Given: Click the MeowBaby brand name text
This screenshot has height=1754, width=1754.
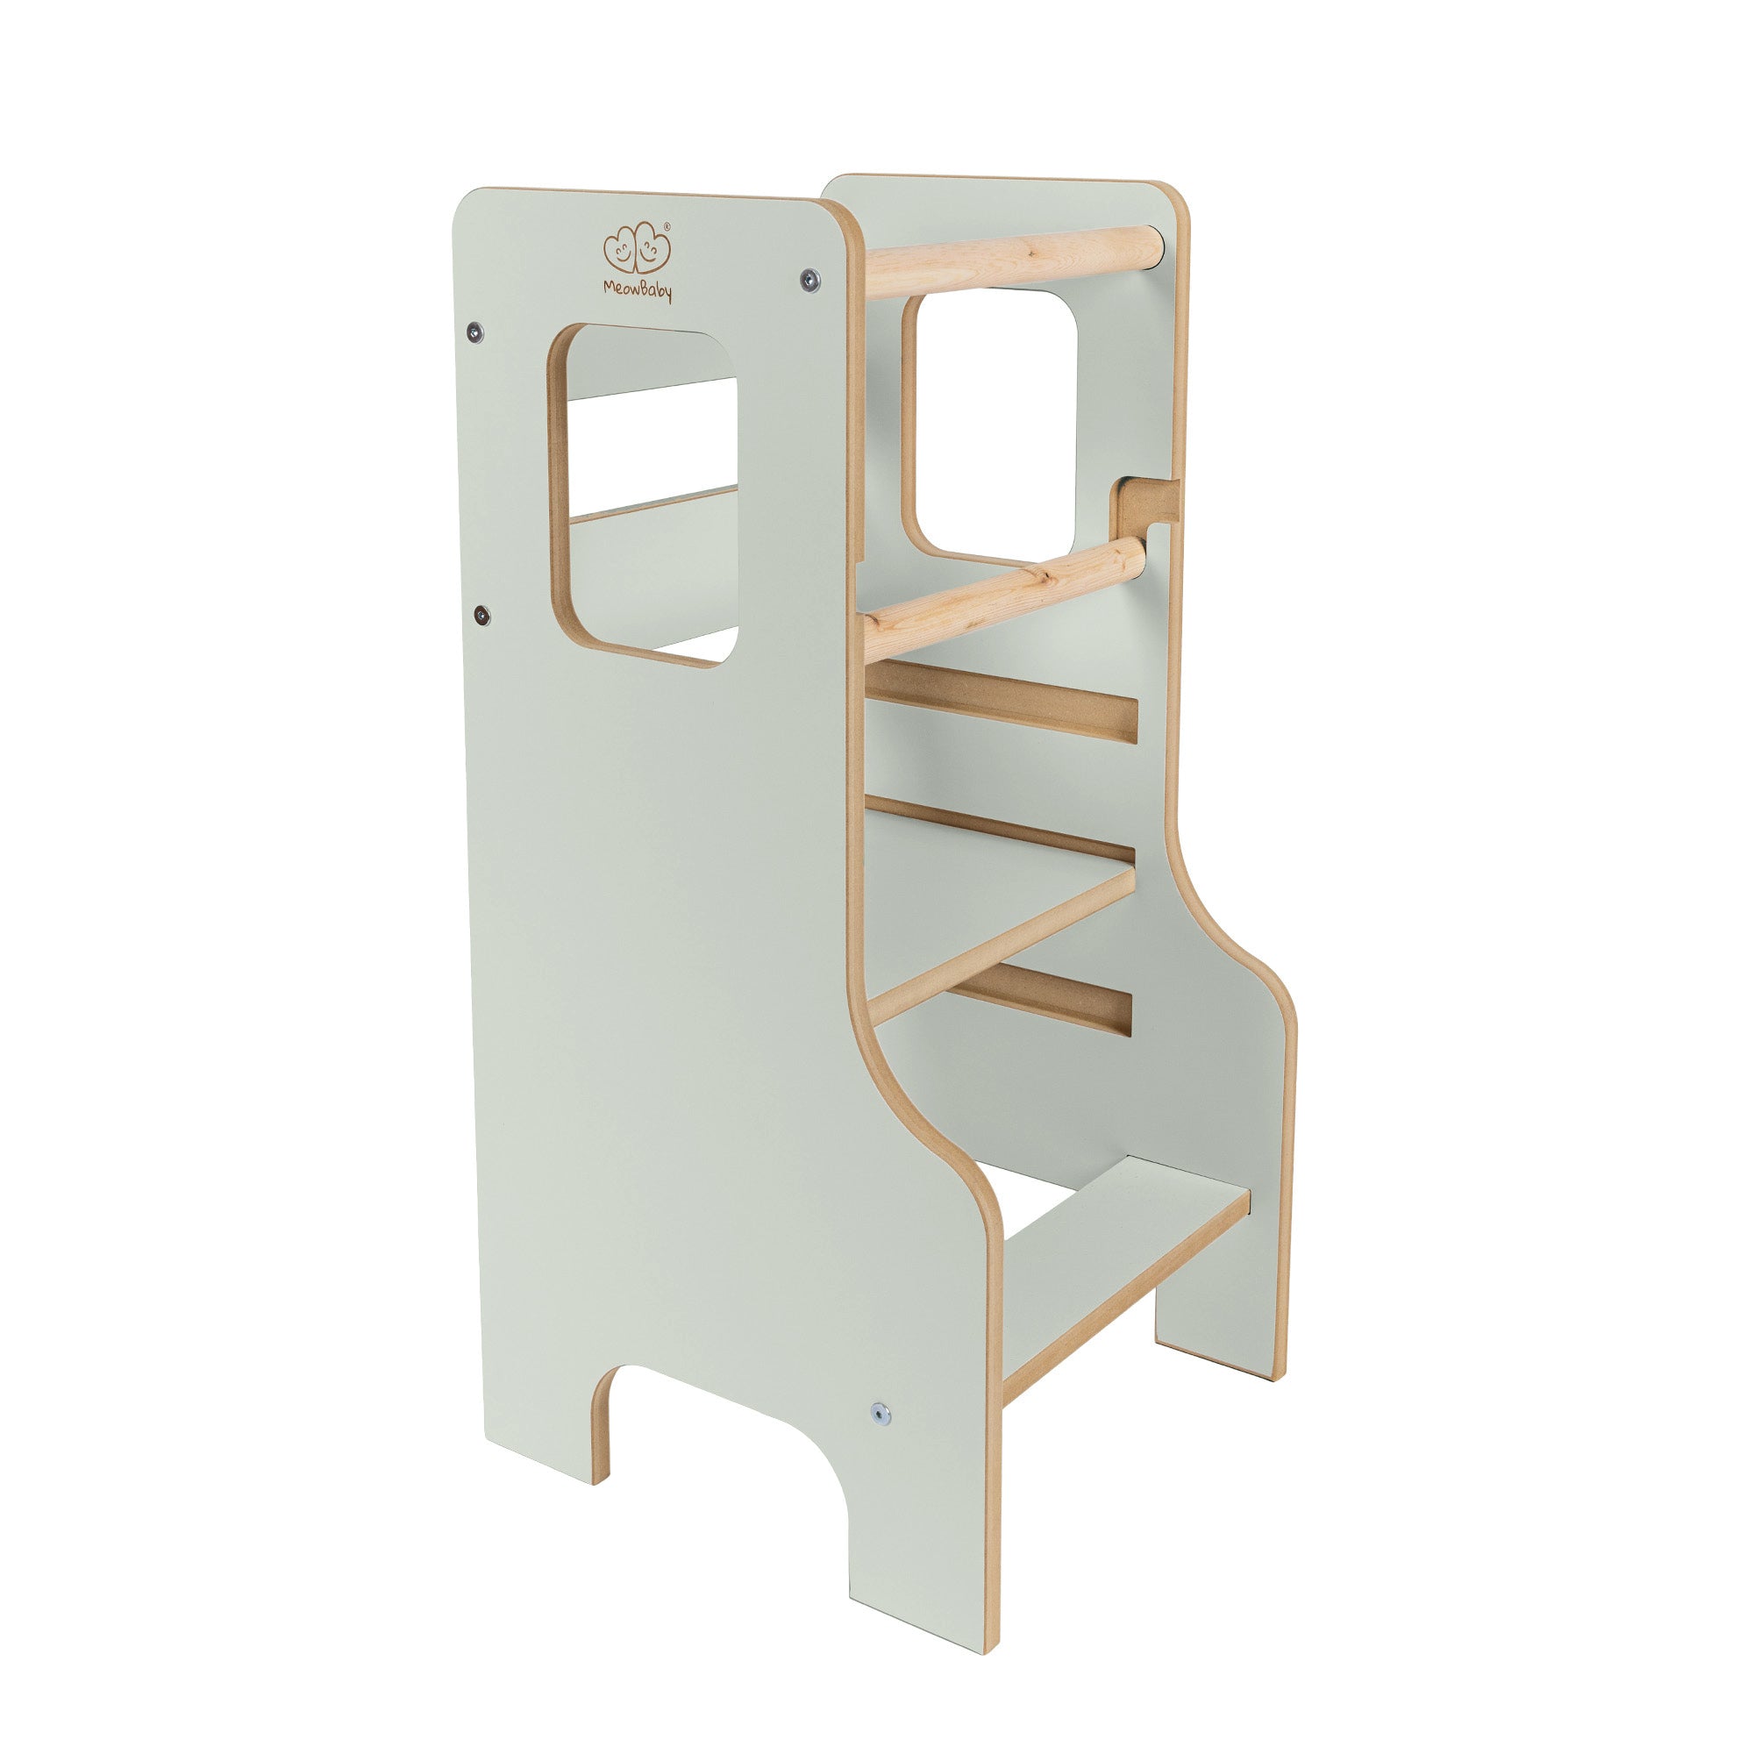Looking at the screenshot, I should (638, 289).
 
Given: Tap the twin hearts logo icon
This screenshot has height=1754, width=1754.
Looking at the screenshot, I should (638, 248).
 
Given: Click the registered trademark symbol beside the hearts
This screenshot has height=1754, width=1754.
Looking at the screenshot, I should (668, 226).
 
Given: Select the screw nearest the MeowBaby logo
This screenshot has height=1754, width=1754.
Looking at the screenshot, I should (809, 280).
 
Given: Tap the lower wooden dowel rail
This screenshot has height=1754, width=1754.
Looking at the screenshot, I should (1003, 597).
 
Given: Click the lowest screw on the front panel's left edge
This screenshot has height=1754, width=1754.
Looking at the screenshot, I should (482, 617).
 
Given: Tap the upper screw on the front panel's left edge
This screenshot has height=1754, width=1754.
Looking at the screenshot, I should (473, 332).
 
